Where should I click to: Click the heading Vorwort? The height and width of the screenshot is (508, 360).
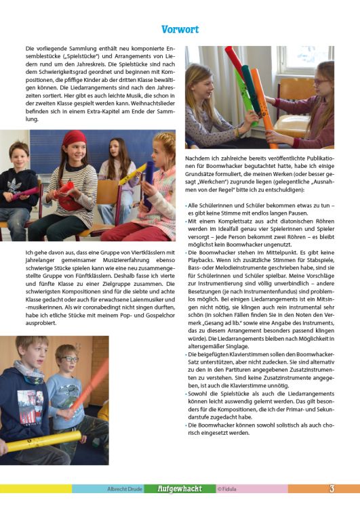(180, 29)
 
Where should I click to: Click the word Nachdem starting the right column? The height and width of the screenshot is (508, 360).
(197, 157)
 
